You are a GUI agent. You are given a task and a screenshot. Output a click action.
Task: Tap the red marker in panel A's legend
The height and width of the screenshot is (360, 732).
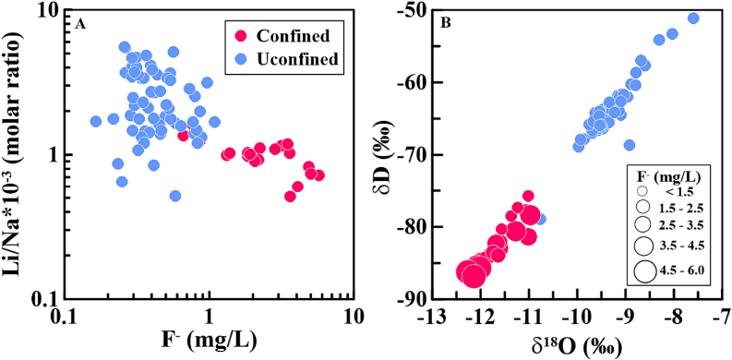241,36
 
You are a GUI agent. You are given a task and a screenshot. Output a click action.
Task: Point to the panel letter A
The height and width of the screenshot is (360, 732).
79,25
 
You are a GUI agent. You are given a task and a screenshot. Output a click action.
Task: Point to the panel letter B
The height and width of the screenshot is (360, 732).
446,25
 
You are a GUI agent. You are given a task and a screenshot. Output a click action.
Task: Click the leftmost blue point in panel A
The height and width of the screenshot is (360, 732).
96,122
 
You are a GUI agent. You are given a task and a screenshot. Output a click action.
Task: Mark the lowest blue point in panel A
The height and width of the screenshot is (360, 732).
175,196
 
